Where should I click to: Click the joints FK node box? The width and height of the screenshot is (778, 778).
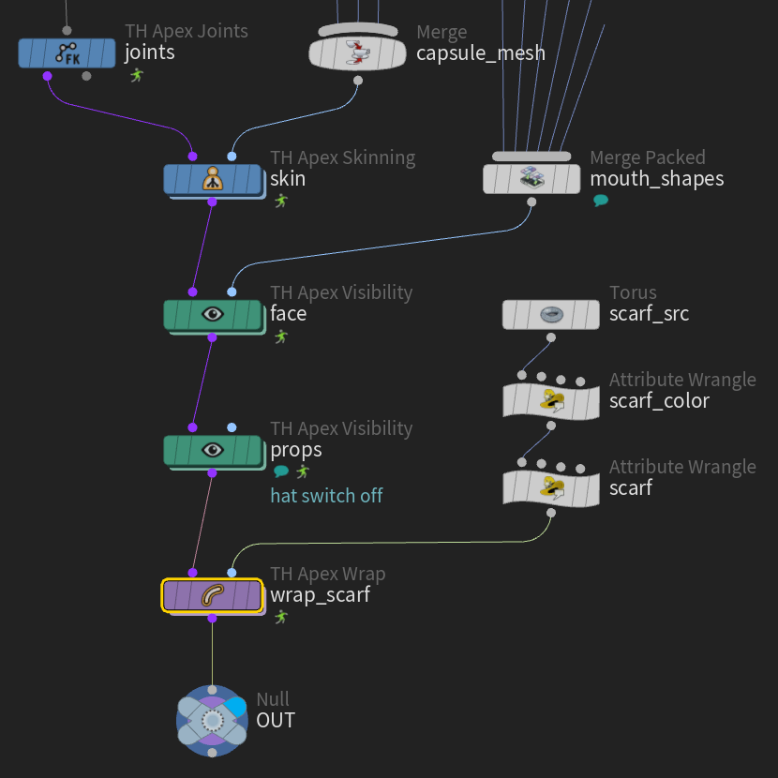67,52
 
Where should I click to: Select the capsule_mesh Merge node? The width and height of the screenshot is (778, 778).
357,53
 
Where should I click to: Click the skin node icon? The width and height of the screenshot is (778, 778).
213,179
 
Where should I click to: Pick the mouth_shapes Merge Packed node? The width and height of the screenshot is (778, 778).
531,179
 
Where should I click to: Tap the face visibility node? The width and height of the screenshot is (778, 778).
213,315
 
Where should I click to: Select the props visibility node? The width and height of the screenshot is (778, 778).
213,450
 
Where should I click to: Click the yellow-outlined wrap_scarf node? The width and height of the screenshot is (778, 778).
213,595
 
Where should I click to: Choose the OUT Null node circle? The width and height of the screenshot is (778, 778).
213,721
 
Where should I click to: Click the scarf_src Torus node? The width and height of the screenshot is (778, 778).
551,315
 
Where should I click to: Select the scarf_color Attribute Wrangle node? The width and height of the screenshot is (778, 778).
551,401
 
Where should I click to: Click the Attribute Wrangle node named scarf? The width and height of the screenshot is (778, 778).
551,488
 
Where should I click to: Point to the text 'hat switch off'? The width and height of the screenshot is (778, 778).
326,496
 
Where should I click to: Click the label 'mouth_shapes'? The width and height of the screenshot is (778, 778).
657,179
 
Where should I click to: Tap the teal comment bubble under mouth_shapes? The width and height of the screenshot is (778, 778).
601,201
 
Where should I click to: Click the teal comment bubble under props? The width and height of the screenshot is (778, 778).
281,471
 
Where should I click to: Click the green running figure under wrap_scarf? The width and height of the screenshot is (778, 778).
281,617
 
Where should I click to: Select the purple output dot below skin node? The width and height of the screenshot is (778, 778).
213,202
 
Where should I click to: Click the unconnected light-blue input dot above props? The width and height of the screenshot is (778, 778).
232,427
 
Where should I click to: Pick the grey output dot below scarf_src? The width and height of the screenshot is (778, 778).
551,337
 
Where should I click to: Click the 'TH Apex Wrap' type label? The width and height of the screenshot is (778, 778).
327,574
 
